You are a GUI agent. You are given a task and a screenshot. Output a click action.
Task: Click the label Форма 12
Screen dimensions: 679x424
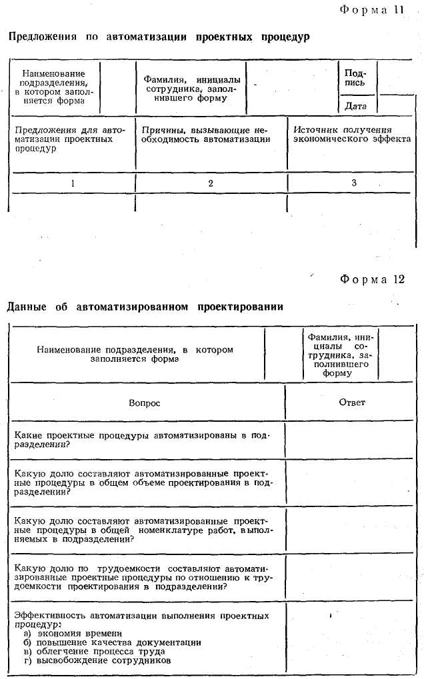(x=372, y=279)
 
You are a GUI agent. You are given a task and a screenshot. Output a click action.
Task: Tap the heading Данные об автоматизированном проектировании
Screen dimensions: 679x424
(x=145, y=307)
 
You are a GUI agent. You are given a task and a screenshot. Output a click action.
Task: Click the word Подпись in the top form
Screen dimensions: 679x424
(x=355, y=78)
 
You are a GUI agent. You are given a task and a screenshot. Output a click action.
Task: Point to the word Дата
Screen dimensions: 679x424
(x=355, y=105)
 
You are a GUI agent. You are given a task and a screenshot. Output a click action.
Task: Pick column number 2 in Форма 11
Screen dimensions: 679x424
(x=211, y=183)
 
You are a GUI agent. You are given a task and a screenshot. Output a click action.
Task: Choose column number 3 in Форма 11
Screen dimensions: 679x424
(x=354, y=183)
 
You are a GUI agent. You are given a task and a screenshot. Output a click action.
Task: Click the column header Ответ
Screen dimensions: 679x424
(x=352, y=402)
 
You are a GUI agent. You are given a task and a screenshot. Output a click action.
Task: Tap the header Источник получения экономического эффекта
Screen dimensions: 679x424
(x=352, y=135)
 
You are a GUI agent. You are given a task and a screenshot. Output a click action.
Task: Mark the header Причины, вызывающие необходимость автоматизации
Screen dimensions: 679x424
(x=206, y=135)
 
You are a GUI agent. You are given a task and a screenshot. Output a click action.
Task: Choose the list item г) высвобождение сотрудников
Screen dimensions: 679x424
(x=97, y=660)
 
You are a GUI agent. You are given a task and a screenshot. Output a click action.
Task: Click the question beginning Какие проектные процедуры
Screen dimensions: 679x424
(x=141, y=440)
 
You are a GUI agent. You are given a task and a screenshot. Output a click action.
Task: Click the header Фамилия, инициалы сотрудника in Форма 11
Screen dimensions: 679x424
(x=193, y=89)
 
